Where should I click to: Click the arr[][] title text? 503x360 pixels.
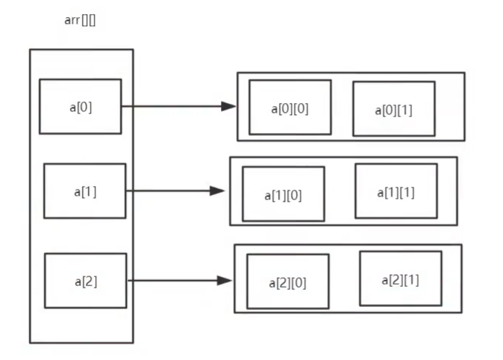coord(80,20)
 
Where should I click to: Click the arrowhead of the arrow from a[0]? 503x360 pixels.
coord(229,106)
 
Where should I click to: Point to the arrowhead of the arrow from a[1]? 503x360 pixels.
coord(217,190)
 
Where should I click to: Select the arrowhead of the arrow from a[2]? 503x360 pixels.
coord(225,281)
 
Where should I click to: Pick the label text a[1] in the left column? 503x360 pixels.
coord(84,191)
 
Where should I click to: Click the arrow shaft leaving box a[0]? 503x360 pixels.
coord(172,106)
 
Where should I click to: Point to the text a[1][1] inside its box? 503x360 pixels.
coord(396,192)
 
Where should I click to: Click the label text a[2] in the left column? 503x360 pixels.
coord(85,282)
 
